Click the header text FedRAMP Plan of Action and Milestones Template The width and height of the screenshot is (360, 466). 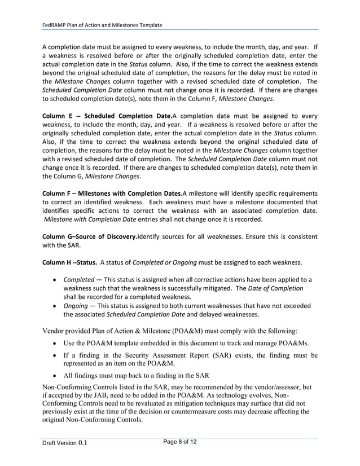[103, 25]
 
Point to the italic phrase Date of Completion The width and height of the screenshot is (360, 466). [279, 288]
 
